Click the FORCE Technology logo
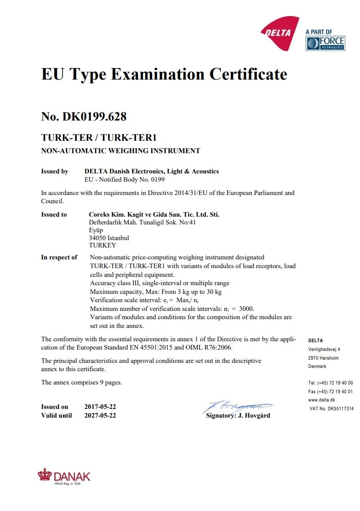point(325,43)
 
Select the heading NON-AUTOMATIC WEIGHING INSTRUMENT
point(120,150)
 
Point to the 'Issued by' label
point(55,172)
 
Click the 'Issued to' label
point(54,214)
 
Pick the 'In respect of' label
point(59,257)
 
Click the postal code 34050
point(97,238)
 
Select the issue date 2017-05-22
point(100,407)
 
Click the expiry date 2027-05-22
point(100,415)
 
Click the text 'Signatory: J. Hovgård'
point(238,415)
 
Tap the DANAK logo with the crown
point(64,476)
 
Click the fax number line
point(331,391)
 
